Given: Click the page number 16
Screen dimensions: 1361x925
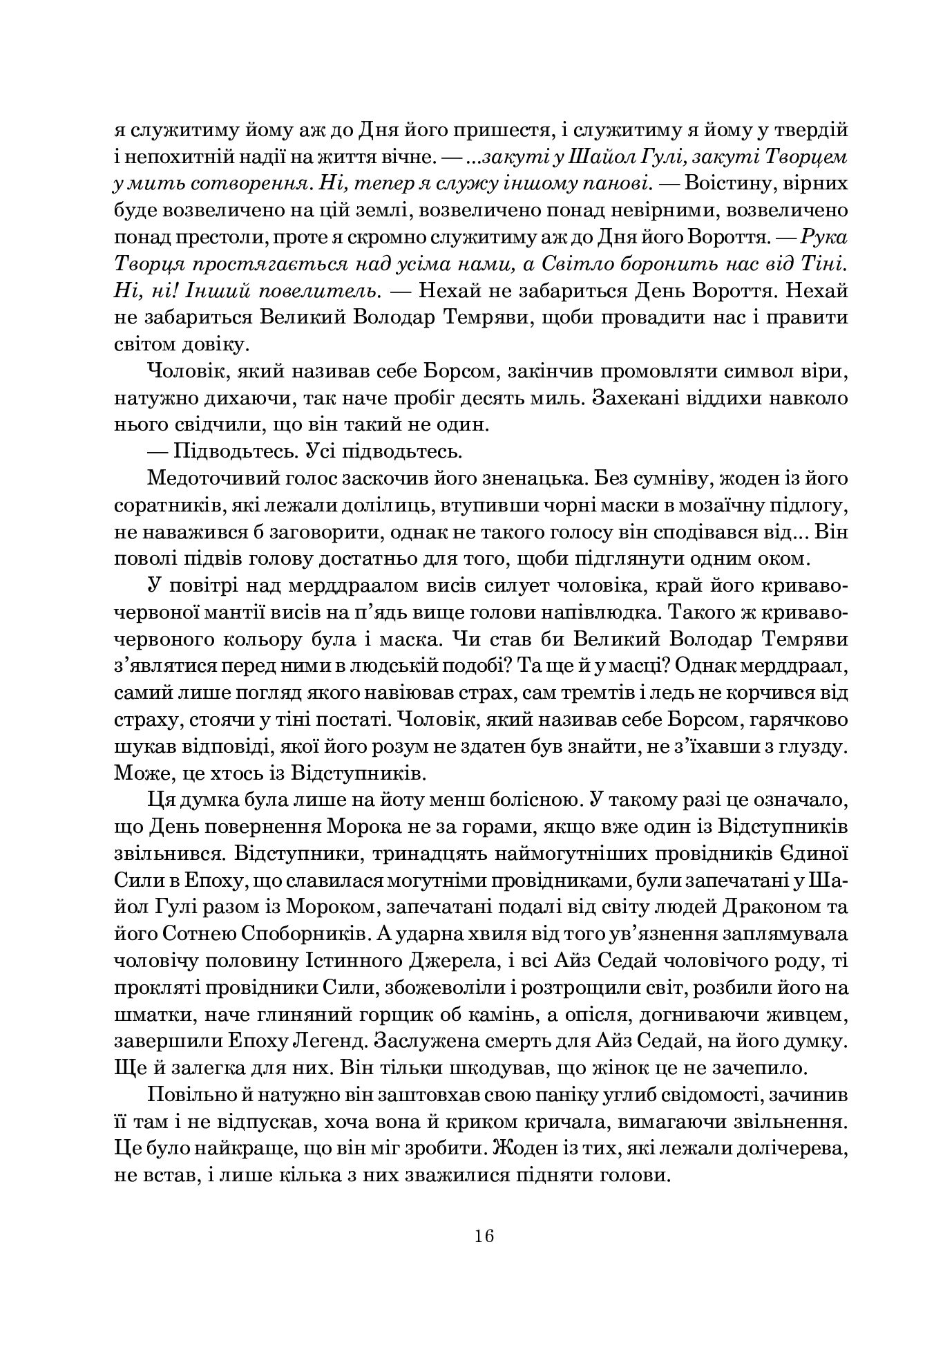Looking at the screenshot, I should point(484,1236).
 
